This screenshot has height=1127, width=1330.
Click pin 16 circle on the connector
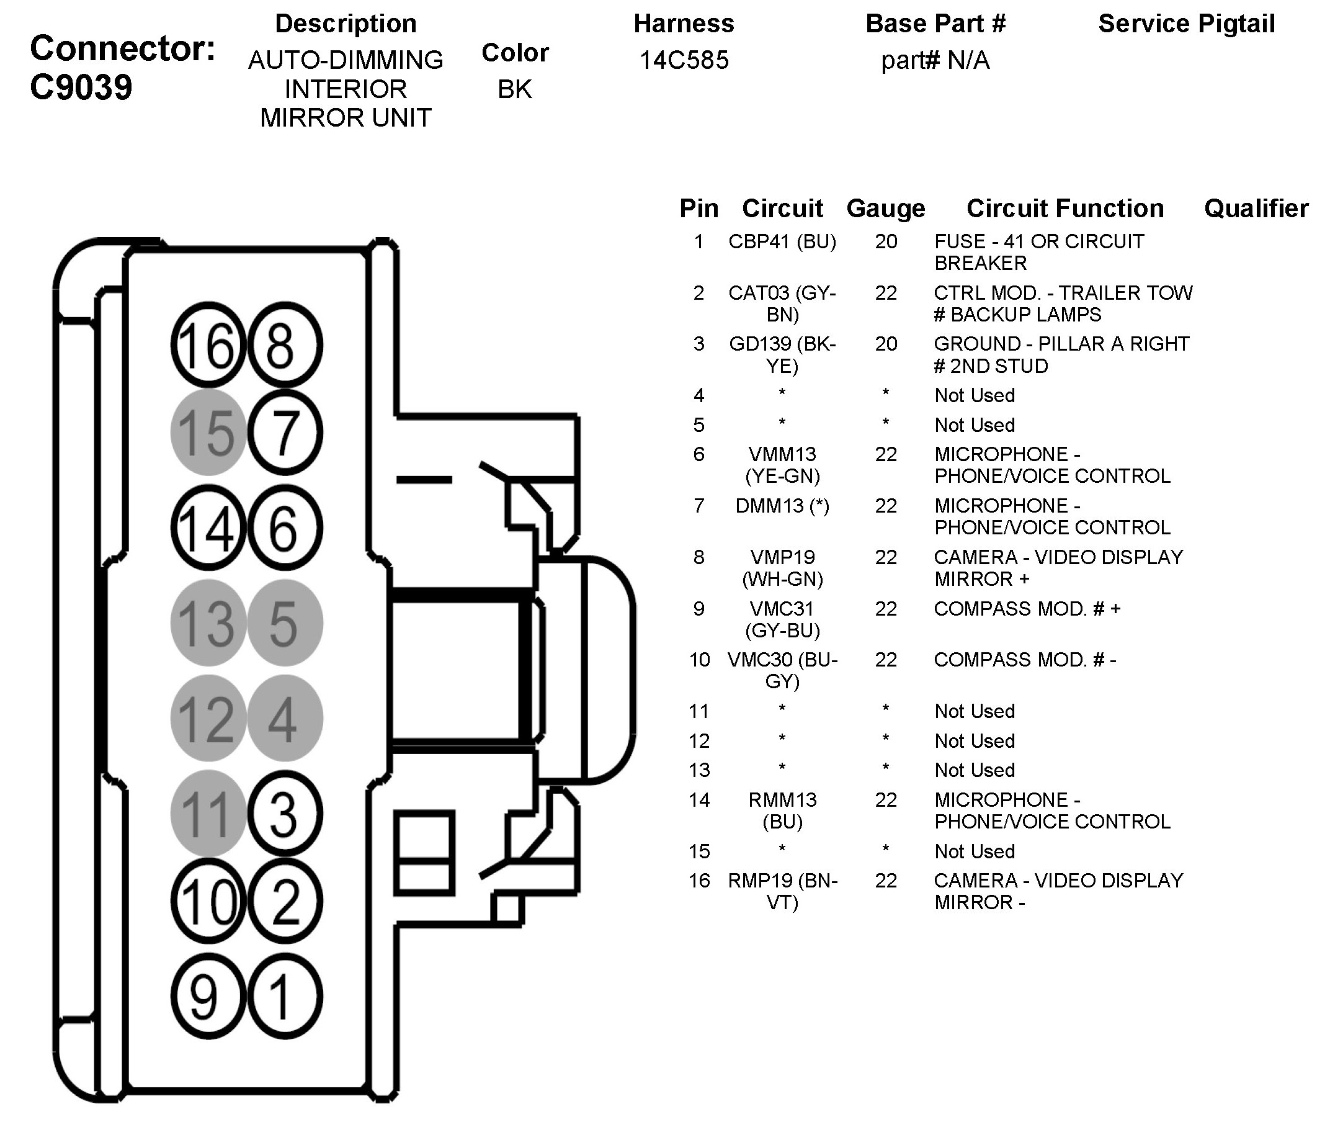coord(208,346)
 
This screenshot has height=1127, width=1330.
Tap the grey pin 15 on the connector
coord(208,433)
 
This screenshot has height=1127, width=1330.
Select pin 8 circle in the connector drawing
coord(284,346)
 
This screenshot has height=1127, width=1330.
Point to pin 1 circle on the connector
coord(284,997)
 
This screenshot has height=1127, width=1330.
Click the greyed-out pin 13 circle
coord(208,623)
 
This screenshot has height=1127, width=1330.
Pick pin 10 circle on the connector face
coord(208,902)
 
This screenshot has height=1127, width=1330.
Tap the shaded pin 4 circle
coord(284,718)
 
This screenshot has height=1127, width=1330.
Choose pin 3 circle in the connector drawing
coord(284,814)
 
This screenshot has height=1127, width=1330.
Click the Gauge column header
coord(886,209)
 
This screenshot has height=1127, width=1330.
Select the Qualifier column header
coord(1256,209)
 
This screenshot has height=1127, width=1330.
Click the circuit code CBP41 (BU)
coord(782,241)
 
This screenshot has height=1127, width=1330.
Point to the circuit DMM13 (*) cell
coord(782,506)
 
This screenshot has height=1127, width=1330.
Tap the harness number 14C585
coord(684,60)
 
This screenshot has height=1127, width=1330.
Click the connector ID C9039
coord(81,87)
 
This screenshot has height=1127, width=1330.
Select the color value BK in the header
coord(515,89)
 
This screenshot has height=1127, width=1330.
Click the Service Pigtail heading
coord(1186,24)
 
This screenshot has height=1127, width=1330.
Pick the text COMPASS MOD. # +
coord(1027,608)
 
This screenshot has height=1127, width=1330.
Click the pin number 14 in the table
coord(699,800)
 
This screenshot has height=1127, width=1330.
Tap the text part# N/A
coord(935,61)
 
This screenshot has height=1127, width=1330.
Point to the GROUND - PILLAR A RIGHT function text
coord(1061,344)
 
